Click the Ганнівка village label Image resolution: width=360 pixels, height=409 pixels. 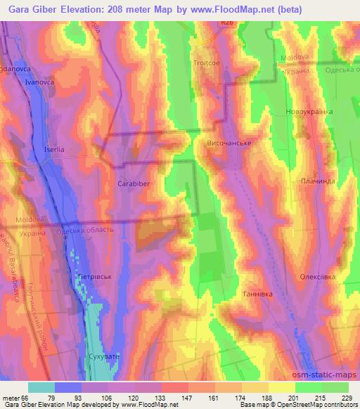click(257, 293)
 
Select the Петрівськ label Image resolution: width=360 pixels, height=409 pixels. click(94, 278)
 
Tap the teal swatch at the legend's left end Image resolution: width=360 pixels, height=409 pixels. click(41, 387)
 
